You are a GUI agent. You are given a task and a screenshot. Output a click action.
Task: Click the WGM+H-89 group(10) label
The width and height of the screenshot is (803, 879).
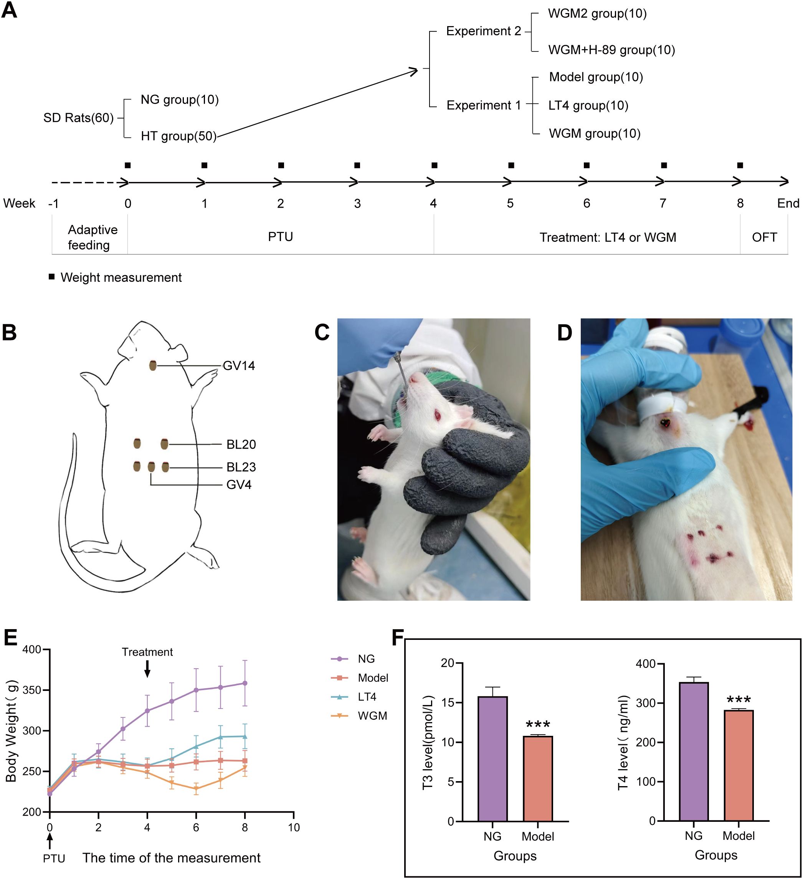[611, 50]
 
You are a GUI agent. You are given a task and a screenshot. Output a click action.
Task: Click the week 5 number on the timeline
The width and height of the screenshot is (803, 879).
[510, 203]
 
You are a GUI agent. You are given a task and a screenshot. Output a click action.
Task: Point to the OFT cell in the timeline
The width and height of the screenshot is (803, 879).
[764, 237]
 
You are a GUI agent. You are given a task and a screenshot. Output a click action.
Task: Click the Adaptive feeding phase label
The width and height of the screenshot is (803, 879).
[92, 237]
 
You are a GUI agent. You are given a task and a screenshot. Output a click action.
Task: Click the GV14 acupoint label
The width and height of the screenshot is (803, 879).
[238, 366]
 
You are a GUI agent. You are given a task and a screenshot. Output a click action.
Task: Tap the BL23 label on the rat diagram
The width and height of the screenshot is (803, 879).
[241, 467]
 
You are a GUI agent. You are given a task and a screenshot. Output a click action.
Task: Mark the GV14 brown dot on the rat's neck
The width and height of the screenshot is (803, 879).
[153, 365]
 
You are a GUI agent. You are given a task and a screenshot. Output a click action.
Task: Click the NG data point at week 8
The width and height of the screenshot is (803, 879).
[245, 683]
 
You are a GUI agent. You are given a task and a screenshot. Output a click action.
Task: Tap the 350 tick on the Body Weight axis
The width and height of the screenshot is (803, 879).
[31, 690]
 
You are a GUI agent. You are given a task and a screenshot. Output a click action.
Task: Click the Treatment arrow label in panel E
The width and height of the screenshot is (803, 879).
[147, 652]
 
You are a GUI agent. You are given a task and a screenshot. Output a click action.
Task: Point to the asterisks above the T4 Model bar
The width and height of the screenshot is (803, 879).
[739, 700]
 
